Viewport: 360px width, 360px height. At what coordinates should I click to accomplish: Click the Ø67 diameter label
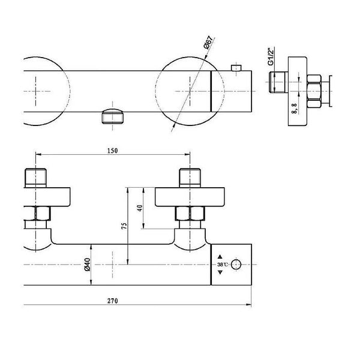tap(208, 43)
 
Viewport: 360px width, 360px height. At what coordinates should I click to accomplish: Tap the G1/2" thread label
tap(271, 56)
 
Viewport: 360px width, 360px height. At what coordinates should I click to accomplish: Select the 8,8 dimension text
tap(295, 109)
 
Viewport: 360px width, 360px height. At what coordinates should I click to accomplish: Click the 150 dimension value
tap(113, 151)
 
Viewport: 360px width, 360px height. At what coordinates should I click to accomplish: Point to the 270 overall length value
tap(113, 301)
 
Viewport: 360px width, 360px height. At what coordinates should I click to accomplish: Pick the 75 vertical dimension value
tap(124, 226)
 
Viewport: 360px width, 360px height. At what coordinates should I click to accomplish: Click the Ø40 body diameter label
tap(88, 265)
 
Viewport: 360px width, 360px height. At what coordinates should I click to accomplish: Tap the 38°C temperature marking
tap(223, 265)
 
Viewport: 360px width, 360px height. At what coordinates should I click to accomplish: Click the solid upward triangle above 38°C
tap(220, 257)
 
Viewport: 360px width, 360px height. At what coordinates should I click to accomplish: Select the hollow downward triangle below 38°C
tap(220, 272)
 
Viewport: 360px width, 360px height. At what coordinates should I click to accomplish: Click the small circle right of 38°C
tap(236, 265)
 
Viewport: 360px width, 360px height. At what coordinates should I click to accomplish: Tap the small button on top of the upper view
tap(236, 68)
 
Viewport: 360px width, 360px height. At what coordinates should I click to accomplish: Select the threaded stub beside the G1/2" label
tap(278, 82)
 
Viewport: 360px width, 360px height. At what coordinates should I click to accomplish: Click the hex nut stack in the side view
tap(314, 91)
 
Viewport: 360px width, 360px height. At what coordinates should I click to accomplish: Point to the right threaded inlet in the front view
tap(190, 178)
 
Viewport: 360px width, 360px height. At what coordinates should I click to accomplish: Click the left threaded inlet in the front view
tap(35, 178)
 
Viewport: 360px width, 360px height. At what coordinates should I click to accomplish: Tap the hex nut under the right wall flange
tap(190, 214)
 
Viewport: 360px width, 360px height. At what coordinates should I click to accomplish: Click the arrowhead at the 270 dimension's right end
tap(248, 305)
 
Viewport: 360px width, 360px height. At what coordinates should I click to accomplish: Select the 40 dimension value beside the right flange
tap(140, 208)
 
